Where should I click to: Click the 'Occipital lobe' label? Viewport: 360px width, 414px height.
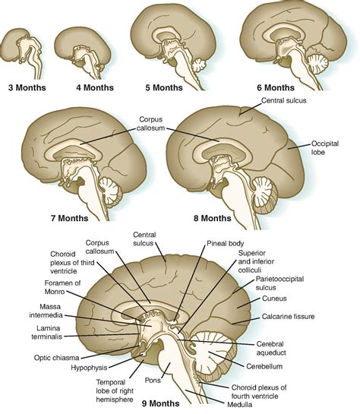[325, 148]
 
